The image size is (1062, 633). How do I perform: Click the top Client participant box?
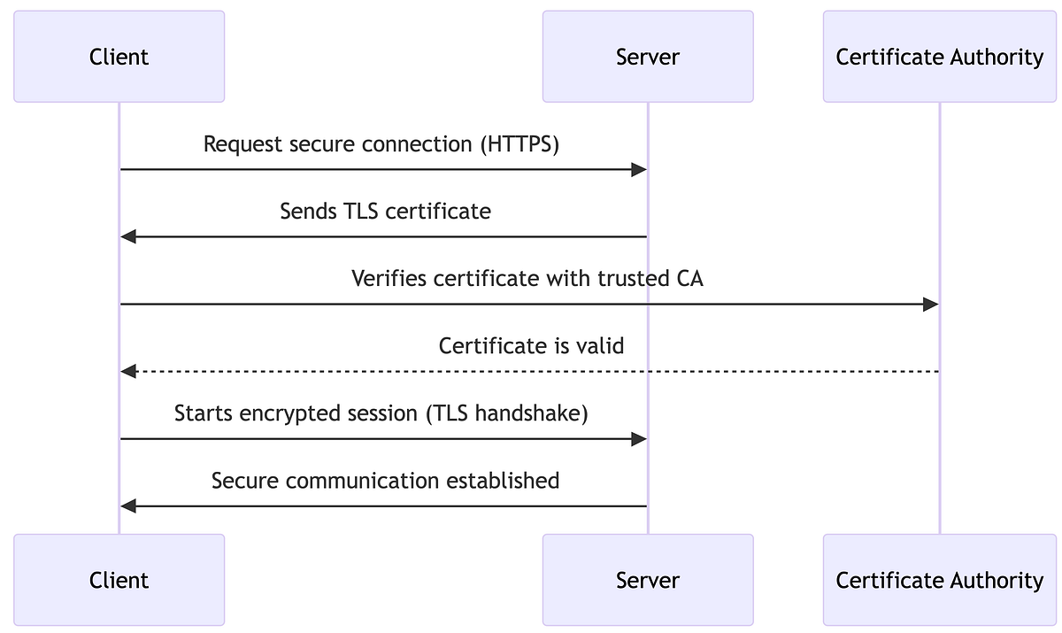[119, 57]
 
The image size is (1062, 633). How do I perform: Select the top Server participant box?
[647, 57]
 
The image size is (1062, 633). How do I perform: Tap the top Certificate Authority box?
[939, 57]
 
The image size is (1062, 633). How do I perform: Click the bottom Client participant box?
[119, 580]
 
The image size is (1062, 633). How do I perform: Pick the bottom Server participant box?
[647, 580]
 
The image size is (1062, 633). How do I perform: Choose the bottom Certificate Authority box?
[939, 580]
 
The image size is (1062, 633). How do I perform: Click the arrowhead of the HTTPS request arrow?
[639, 169]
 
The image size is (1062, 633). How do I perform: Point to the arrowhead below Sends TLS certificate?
[128, 236]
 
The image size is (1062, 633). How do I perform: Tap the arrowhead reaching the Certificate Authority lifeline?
[930, 305]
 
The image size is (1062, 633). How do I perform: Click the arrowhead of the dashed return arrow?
[128, 372]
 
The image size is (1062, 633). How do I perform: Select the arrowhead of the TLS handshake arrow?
[639, 439]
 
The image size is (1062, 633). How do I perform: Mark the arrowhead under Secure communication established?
[128, 506]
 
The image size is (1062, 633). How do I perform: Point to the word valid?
[600, 346]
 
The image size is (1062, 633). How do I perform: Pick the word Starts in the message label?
[201, 413]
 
